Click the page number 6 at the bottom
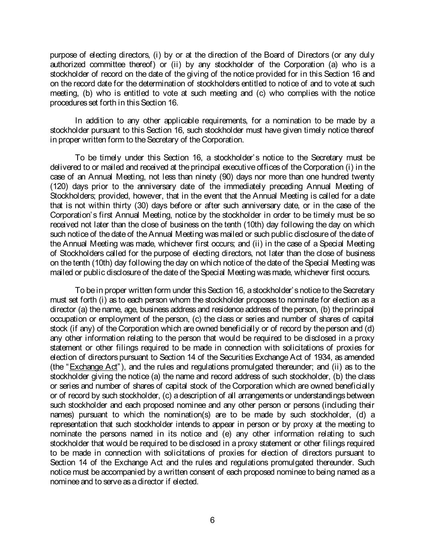212,520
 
